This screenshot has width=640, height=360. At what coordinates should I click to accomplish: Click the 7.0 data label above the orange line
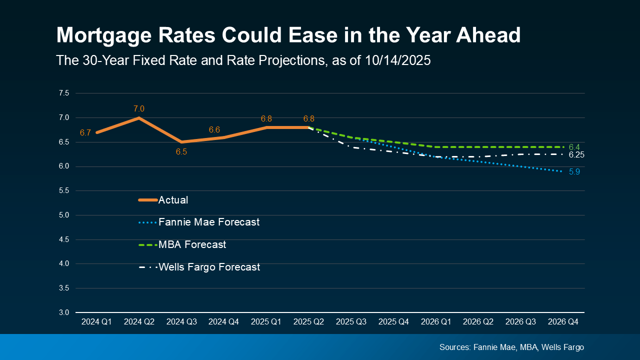pos(139,108)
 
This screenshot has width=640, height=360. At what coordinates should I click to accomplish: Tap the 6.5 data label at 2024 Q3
pos(181,151)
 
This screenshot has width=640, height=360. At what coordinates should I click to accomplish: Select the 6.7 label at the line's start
pos(85,132)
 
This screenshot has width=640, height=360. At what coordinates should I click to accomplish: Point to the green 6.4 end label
pos(574,147)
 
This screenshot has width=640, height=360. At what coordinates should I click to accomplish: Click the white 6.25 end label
pos(576,155)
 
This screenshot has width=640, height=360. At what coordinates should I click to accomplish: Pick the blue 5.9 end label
pos(574,171)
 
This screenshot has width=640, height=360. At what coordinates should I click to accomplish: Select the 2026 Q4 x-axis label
pos(563,322)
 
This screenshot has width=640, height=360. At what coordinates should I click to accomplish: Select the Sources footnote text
pos(511,347)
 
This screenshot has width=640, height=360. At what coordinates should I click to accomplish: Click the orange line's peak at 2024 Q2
pos(139,118)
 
